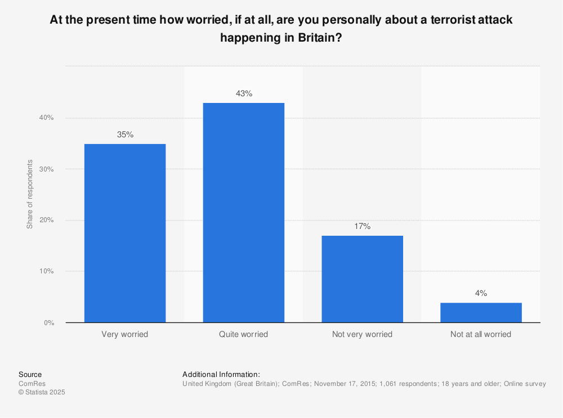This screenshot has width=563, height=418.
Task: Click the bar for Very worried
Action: coord(125,233)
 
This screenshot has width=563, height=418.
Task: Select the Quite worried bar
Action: coord(244,213)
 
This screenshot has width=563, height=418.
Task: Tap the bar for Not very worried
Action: coord(362,279)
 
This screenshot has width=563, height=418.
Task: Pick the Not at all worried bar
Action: coord(481,312)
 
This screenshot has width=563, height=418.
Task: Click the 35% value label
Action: coord(125,134)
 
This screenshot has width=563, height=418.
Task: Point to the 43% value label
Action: coord(244,93)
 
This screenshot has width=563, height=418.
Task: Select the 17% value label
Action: coord(362,226)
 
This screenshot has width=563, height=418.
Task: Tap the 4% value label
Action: coord(481,293)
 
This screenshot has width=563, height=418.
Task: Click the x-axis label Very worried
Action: coord(125,334)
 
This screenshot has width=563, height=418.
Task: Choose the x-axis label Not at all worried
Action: coord(481,334)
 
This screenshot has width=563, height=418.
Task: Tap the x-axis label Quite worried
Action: coord(244,334)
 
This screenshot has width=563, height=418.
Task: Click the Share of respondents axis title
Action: coord(30,194)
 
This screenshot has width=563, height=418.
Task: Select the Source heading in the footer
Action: coord(30,375)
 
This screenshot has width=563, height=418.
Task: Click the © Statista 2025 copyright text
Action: coord(42,393)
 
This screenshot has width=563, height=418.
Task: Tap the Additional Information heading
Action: coord(221,375)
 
